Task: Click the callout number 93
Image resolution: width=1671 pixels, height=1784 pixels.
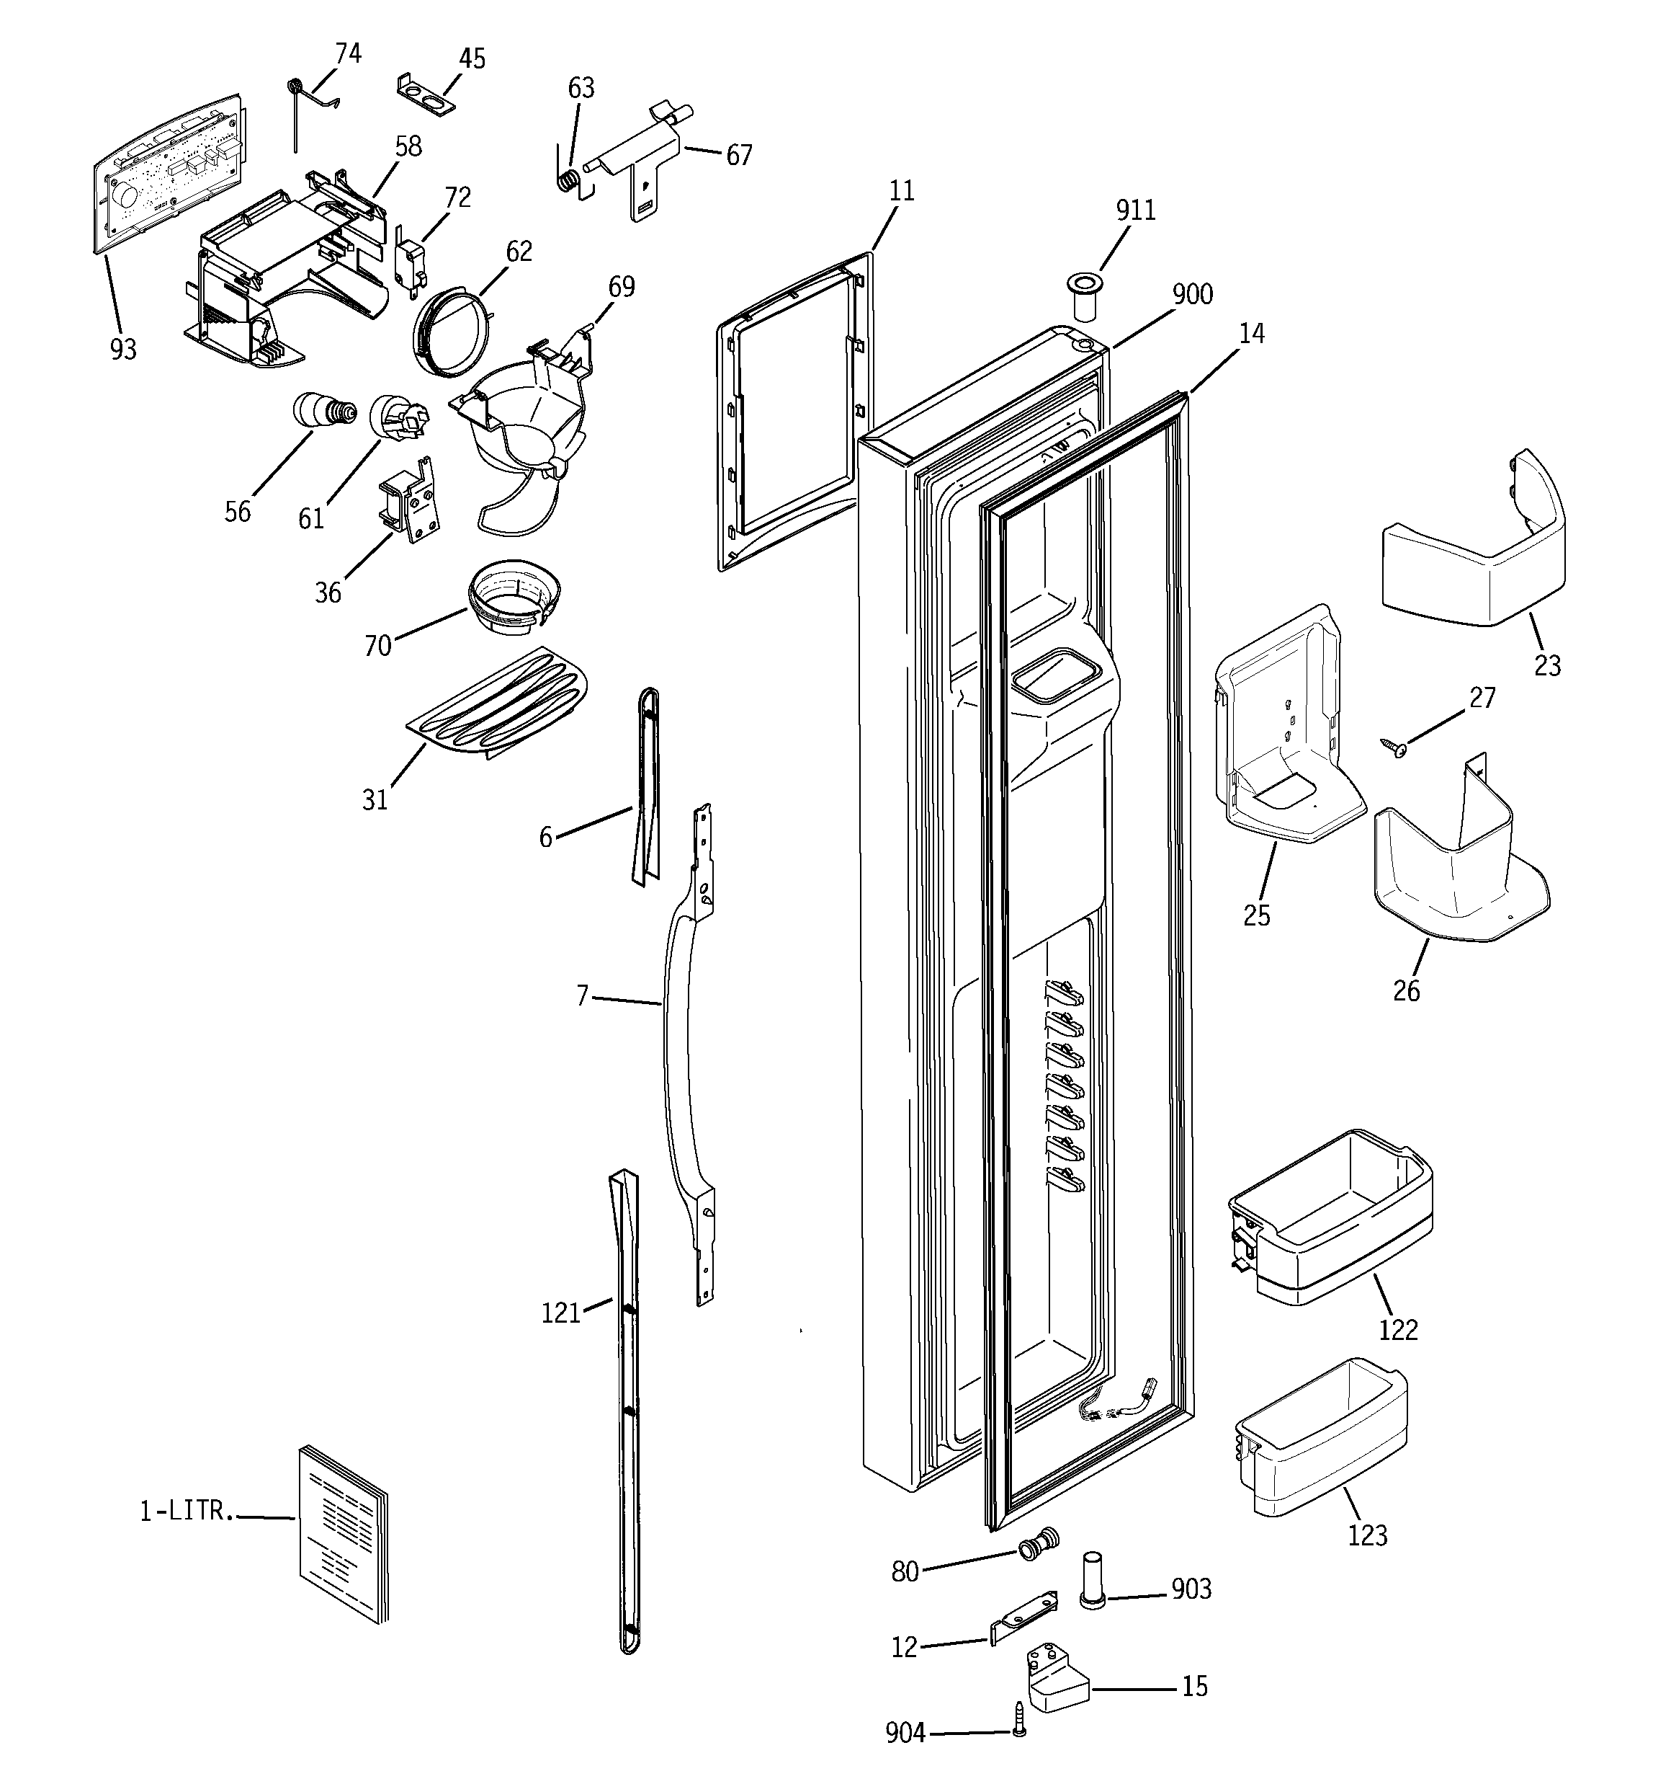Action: (123, 349)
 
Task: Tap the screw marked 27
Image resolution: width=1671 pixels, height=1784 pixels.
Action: (1397, 744)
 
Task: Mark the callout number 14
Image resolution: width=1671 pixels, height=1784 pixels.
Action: (1251, 334)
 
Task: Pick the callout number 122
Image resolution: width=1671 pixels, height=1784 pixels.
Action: (1397, 1330)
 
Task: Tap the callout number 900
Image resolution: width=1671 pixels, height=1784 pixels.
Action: (1192, 294)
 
